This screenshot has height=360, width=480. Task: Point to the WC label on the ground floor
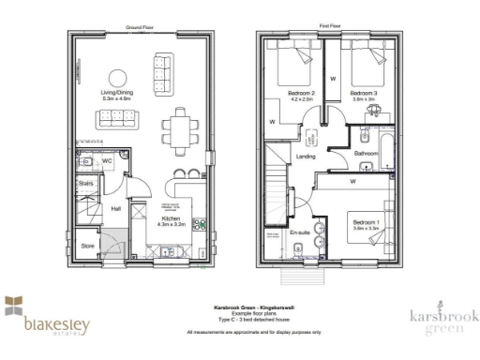click(x=109, y=160)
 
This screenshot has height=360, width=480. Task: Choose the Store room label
click(x=87, y=247)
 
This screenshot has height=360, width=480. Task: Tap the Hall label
click(x=116, y=209)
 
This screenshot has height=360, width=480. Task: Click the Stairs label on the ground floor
click(x=84, y=184)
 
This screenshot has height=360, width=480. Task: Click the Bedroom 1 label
click(x=366, y=222)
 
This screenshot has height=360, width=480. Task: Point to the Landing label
click(x=306, y=157)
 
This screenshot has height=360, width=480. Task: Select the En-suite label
click(x=299, y=229)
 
